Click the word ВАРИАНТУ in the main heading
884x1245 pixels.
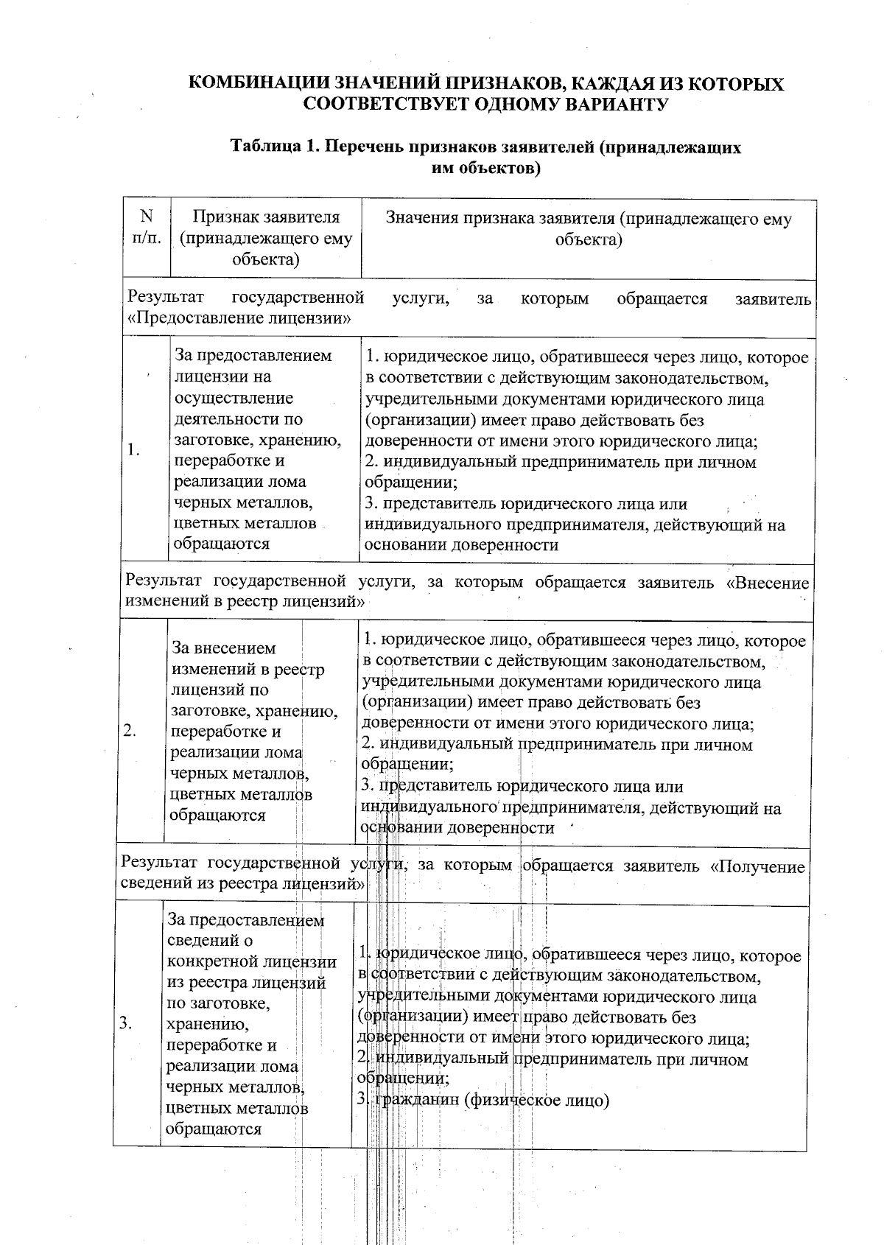click(617, 105)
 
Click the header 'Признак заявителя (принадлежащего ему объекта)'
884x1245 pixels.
click(266, 238)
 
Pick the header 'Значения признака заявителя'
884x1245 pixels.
click(588, 228)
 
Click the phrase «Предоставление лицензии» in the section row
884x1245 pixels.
click(239, 319)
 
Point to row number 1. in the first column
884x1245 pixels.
click(134, 449)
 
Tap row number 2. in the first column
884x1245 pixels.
click(130, 731)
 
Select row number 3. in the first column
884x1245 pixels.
click(126, 1023)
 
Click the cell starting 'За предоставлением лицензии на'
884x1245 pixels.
click(255, 449)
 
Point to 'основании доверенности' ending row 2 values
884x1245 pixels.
click(457, 828)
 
